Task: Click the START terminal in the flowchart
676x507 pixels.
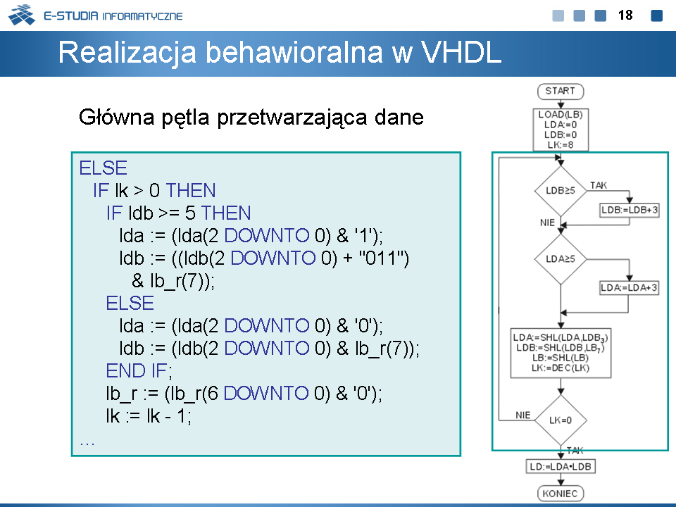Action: pos(561,92)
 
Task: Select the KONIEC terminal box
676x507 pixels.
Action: pos(561,493)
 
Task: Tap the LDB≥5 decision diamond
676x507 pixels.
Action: pos(561,191)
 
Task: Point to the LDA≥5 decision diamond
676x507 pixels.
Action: pos(561,259)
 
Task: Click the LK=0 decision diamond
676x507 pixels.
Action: pos(561,420)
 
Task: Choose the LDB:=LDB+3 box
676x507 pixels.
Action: pos(630,211)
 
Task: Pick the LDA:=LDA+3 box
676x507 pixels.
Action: pos(629,287)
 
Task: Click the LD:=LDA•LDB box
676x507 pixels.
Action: pos(561,466)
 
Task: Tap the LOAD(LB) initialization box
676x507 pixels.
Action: pos(561,130)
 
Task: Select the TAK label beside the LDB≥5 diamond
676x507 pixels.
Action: pos(599,185)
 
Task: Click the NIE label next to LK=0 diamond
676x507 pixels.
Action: pos(523,415)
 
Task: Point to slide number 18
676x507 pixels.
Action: pos(625,15)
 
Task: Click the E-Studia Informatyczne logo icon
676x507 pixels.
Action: pos(22,15)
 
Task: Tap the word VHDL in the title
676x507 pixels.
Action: pos(461,52)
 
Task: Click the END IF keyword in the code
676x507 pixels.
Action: pos(139,370)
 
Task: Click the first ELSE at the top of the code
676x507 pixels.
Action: pos(103,168)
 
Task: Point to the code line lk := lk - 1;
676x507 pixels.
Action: pos(149,415)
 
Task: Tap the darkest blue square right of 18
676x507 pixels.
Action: pos(656,15)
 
